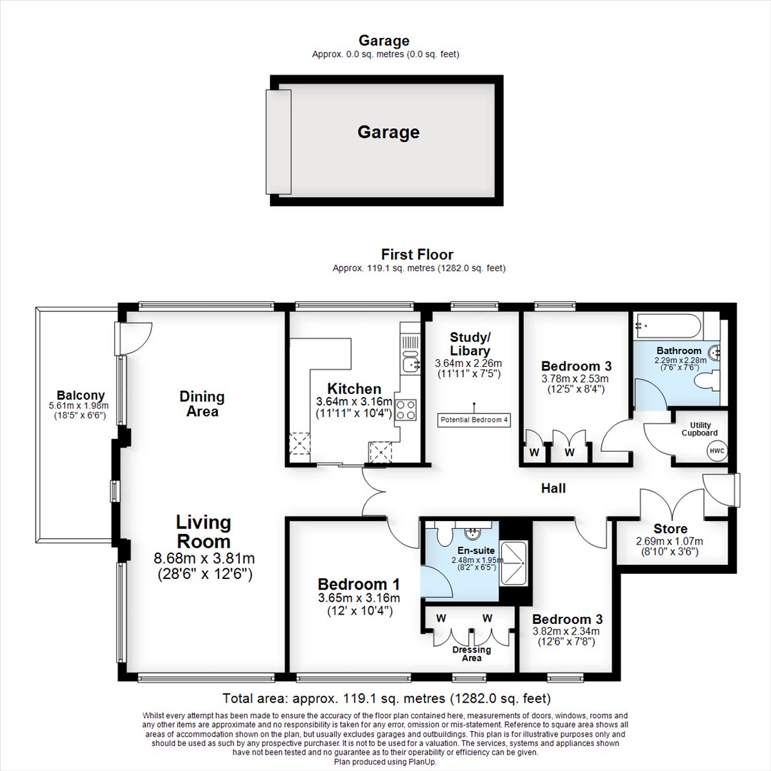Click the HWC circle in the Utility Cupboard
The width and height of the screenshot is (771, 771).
717,450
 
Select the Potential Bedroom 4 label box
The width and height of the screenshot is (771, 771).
474,420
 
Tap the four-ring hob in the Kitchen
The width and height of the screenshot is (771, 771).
406,410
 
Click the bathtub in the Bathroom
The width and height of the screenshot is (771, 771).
667,326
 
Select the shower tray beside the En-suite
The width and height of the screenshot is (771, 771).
513,563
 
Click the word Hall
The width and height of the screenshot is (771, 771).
553,488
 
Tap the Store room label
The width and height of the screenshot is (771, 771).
670,528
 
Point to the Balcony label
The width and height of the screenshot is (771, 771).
81,395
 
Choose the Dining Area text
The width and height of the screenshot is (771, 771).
202,403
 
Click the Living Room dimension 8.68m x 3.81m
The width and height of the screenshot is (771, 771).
205,558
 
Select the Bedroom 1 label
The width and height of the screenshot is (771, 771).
359,584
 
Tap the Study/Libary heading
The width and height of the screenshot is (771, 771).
470,344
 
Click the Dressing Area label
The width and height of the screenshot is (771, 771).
472,654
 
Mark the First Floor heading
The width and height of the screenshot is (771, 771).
418,254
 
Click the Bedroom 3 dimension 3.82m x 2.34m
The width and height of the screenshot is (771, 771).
566,631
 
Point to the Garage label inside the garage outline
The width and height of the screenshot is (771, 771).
388,132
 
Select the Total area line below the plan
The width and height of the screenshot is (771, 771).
386,698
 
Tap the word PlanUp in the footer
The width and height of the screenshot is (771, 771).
422,762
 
